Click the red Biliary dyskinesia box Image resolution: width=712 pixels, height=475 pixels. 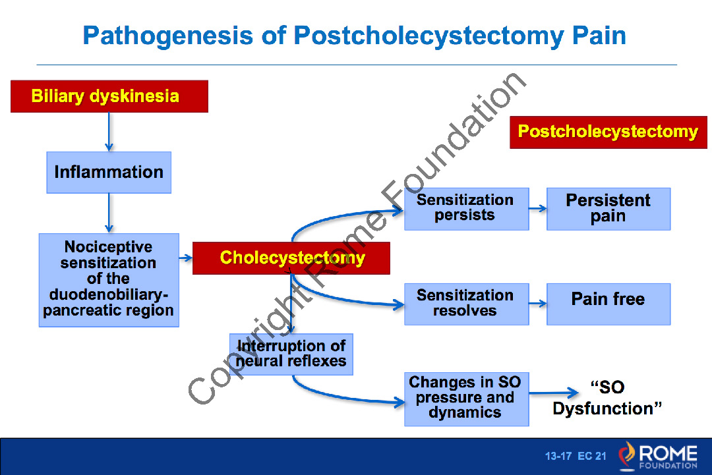click(109, 96)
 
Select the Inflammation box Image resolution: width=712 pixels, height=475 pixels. click(109, 173)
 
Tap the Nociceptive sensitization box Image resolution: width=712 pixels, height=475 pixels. click(109, 279)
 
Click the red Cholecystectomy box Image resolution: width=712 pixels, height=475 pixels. click(291, 258)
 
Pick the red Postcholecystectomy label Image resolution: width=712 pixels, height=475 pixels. click(608, 132)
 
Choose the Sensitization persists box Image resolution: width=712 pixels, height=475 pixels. click(466, 208)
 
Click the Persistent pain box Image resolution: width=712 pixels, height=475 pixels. click(608, 208)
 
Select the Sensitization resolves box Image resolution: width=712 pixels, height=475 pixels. click(466, 304)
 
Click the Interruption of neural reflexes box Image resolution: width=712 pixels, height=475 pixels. click(291, 354)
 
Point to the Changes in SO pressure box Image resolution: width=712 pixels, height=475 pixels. click(466, 399)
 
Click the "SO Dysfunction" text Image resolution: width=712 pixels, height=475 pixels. click(607, 398)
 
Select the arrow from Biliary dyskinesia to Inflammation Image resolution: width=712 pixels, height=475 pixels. click(109, 132)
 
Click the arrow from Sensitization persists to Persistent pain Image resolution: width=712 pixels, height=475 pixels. click(538, 209)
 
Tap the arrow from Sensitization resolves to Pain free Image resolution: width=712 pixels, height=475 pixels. click(538, 304)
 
